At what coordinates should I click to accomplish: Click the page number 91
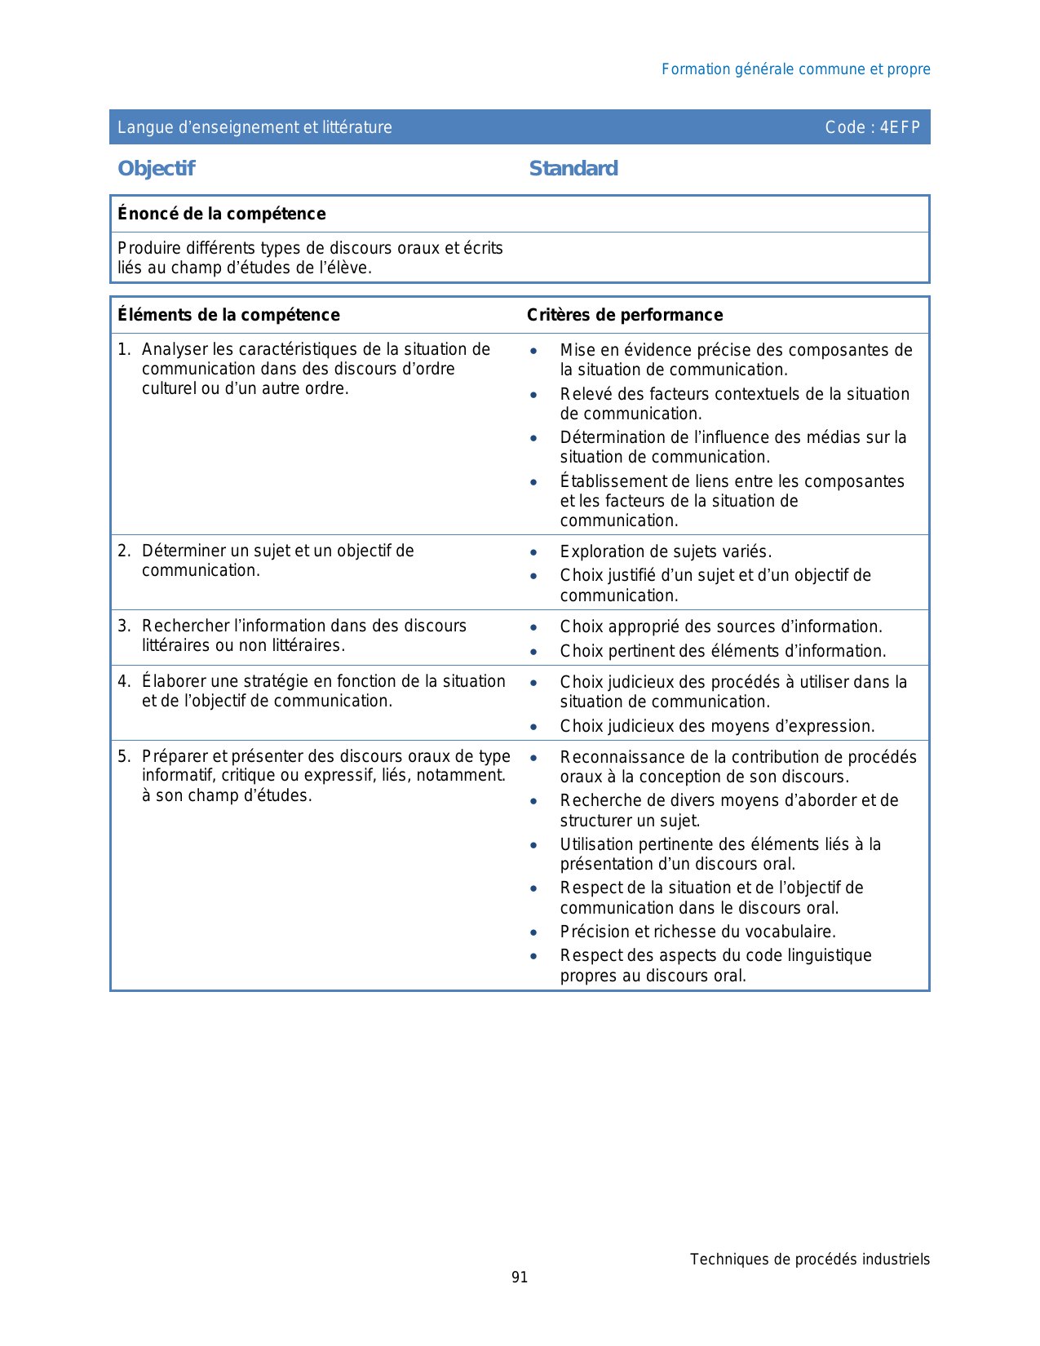tap(520, 1277)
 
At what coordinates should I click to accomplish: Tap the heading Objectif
tap(156, 168)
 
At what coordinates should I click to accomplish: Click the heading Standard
tap(573, 168)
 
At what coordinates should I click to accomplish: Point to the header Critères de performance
tap(625, 315)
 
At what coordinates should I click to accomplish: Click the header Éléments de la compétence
tap(228, 315)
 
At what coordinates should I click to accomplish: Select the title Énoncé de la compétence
tap(221, 214)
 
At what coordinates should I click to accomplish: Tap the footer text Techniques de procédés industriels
tap(809, 1259)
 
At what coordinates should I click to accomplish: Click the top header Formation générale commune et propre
tap(795, 69)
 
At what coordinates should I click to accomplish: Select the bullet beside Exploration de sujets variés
tap(533, 552)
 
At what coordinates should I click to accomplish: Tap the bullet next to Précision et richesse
tap(533, 932)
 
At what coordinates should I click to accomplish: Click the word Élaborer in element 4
tap(173, 681)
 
